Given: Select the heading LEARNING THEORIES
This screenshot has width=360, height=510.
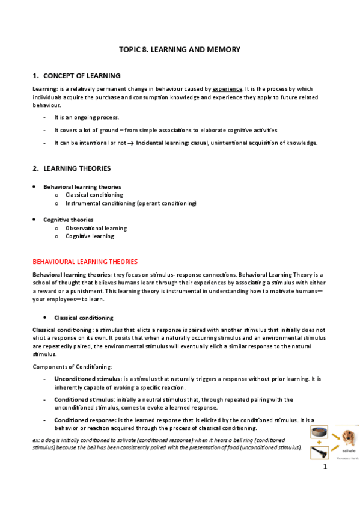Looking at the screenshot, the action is pyautogui.click(x=77, y=168).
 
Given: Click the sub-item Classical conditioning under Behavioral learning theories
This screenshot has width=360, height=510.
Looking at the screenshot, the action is pyautogui.click(x=94, y=195).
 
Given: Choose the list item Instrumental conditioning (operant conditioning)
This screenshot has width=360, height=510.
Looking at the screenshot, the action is pyautogui.click(x=130, y=203).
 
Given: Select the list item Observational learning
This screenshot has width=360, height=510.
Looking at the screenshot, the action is pyautogui.click(x=96, y=228).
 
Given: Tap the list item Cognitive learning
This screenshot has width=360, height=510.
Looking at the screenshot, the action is pyautogui.click(x=89, y=236).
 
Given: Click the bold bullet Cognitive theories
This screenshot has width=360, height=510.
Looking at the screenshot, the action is pyautogui.click(x=68, y=220).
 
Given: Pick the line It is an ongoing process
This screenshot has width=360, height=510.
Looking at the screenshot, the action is pyautogui.click(x=87, y=117).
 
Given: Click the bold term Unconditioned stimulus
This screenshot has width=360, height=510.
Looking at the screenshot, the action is pyautogui.click(x=87, y=379).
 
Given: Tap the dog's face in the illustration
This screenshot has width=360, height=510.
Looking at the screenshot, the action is pyautogui.click(x=347, y=436).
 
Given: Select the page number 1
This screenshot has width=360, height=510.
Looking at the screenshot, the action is pyautogui.click(x=325, y=467).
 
